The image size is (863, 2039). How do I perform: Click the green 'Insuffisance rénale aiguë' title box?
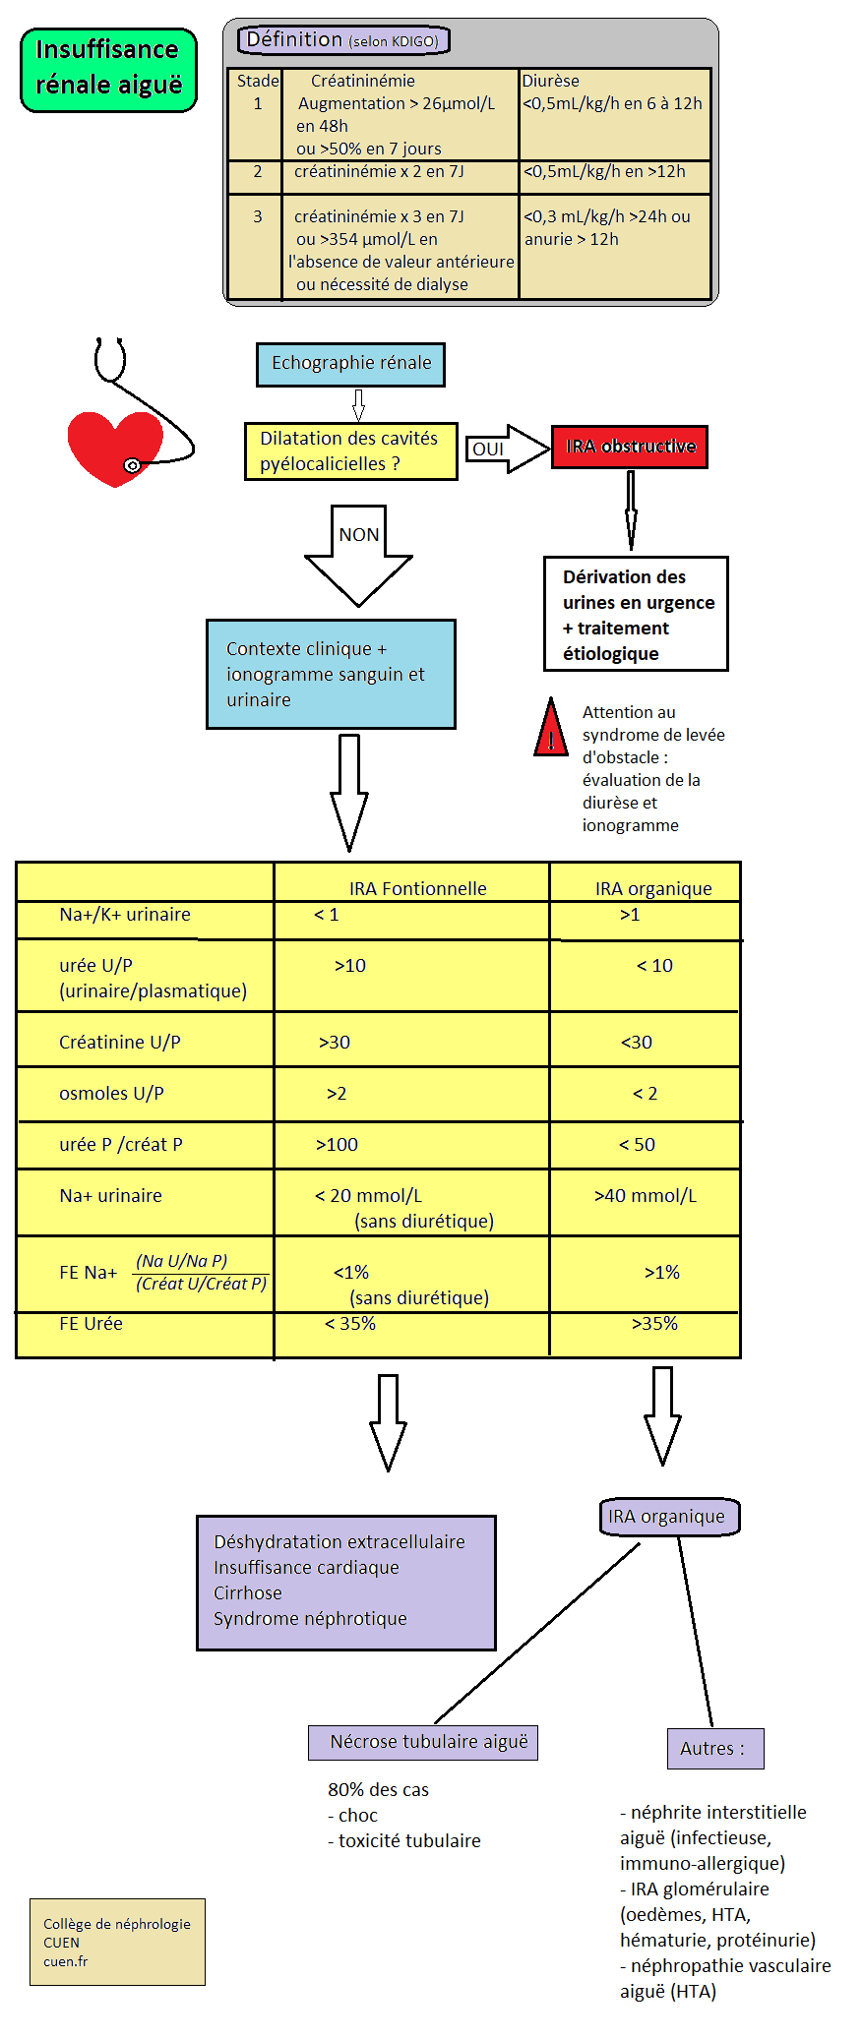click(108, 69)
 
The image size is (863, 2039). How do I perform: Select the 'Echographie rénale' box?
click(350, 364)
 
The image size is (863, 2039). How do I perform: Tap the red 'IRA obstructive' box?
click(630, 447)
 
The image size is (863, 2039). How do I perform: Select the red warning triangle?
click(551, 730)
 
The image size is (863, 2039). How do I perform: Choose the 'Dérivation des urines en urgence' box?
click(636, 614)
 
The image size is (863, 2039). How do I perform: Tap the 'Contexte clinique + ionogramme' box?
click(331, 674)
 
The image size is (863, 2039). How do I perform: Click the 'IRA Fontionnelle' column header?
click(417, 888)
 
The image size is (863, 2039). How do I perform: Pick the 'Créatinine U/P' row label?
click(120, 1042)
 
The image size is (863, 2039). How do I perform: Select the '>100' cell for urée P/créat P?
click(337, 1144)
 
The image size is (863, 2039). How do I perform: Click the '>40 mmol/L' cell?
click(645, 1195)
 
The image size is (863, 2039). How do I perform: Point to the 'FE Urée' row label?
click(92, 1324)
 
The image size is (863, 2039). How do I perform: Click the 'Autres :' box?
click(714, 1748)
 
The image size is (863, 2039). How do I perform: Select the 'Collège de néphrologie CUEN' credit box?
click(117, 1942)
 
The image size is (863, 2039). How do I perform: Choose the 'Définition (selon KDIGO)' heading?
click(343, 40)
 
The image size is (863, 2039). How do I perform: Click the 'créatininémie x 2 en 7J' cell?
click(379, 172)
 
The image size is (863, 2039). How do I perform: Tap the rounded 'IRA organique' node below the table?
click(668, 1516)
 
